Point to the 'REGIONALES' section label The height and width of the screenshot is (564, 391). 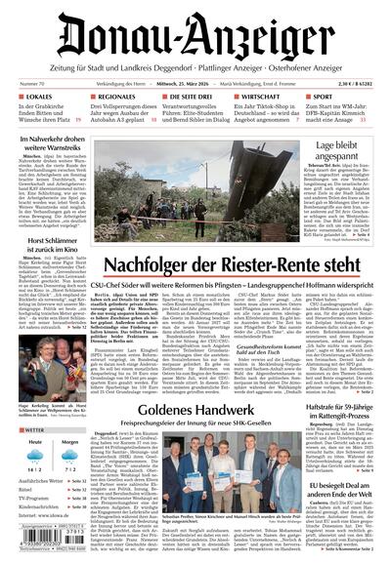coord(122,99)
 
